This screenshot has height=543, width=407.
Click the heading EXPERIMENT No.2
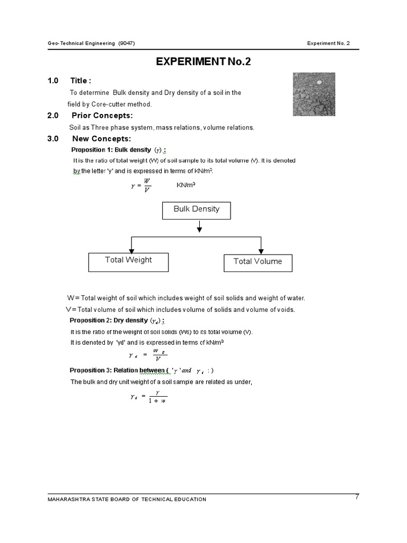pos(203,62)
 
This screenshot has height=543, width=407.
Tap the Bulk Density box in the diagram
pos(197,209)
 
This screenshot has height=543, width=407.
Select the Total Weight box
pos(128,261)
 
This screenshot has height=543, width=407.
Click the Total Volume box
pos(258,262)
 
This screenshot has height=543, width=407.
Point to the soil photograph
pos(314,94)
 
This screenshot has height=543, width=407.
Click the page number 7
pos(357,497)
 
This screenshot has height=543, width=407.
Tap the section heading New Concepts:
pos(101,139)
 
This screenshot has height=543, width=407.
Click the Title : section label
pos(81,81)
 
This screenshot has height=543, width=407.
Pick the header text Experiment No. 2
pos(329,43)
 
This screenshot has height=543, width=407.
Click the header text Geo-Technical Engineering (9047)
pos(91,43)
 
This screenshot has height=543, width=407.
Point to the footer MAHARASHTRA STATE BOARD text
pos(127,499)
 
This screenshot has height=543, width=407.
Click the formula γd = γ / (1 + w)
pos(149,396)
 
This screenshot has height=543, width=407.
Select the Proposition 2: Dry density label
pos(117,320)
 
